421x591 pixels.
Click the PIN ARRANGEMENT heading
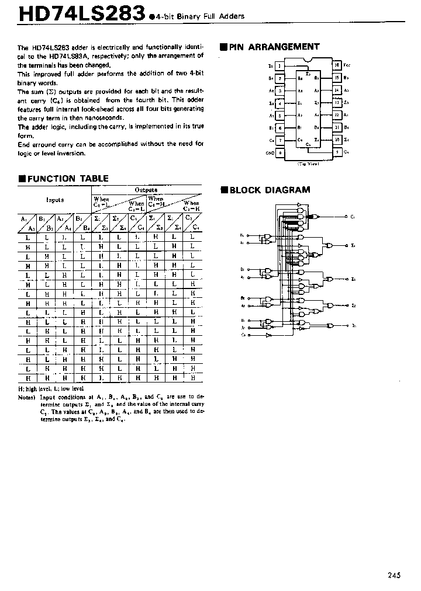pyautogui.click(x=274, y=47)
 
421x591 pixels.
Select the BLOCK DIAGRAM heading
pyautogui.click(x=270, y=190)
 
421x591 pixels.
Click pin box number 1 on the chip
pyautogui.click(x=280, y=65)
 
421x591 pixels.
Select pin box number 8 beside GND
pyautogui.click(x=280, y=153)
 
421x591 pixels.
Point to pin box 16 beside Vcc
pyautogui.click(x=337, y=65)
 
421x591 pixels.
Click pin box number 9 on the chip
pyautogui.click(x=337, y=153)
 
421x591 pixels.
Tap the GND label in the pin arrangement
pyautogui.click(x=270, y=153)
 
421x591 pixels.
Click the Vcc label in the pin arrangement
pyautogui.click(x=347, y=65)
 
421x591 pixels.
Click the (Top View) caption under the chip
pyautogui.click(x=308, y=165)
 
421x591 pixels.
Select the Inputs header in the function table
pyautogui.click(x=55, y=200)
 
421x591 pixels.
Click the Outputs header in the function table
pyautogui.click(x=146, y=190)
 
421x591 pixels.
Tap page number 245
pyautogui.click(x=394, y=575)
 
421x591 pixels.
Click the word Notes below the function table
pyautogui.click(x=27, y=397)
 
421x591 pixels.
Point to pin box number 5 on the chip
pyautogui.click(x=280, y=116)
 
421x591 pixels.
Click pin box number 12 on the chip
pyautogui.click(x=337, y=116)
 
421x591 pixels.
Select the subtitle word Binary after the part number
pyautogui.click(x=189, y=16)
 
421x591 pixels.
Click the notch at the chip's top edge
pyautogui.click(x=308, y=61)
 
